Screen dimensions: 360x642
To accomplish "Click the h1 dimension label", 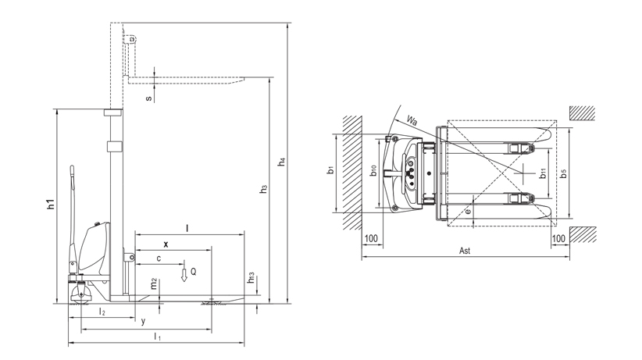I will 51,205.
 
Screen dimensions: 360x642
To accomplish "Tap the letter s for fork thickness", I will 149,98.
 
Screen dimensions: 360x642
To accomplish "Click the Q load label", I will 194,270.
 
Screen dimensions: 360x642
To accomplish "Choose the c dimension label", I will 159,258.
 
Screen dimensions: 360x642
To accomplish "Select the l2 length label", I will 102,312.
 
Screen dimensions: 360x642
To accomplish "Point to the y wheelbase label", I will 143,322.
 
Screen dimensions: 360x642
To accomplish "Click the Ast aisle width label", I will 464,251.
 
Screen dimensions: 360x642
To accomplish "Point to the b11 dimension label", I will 542,173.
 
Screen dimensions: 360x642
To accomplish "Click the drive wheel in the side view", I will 80,294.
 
